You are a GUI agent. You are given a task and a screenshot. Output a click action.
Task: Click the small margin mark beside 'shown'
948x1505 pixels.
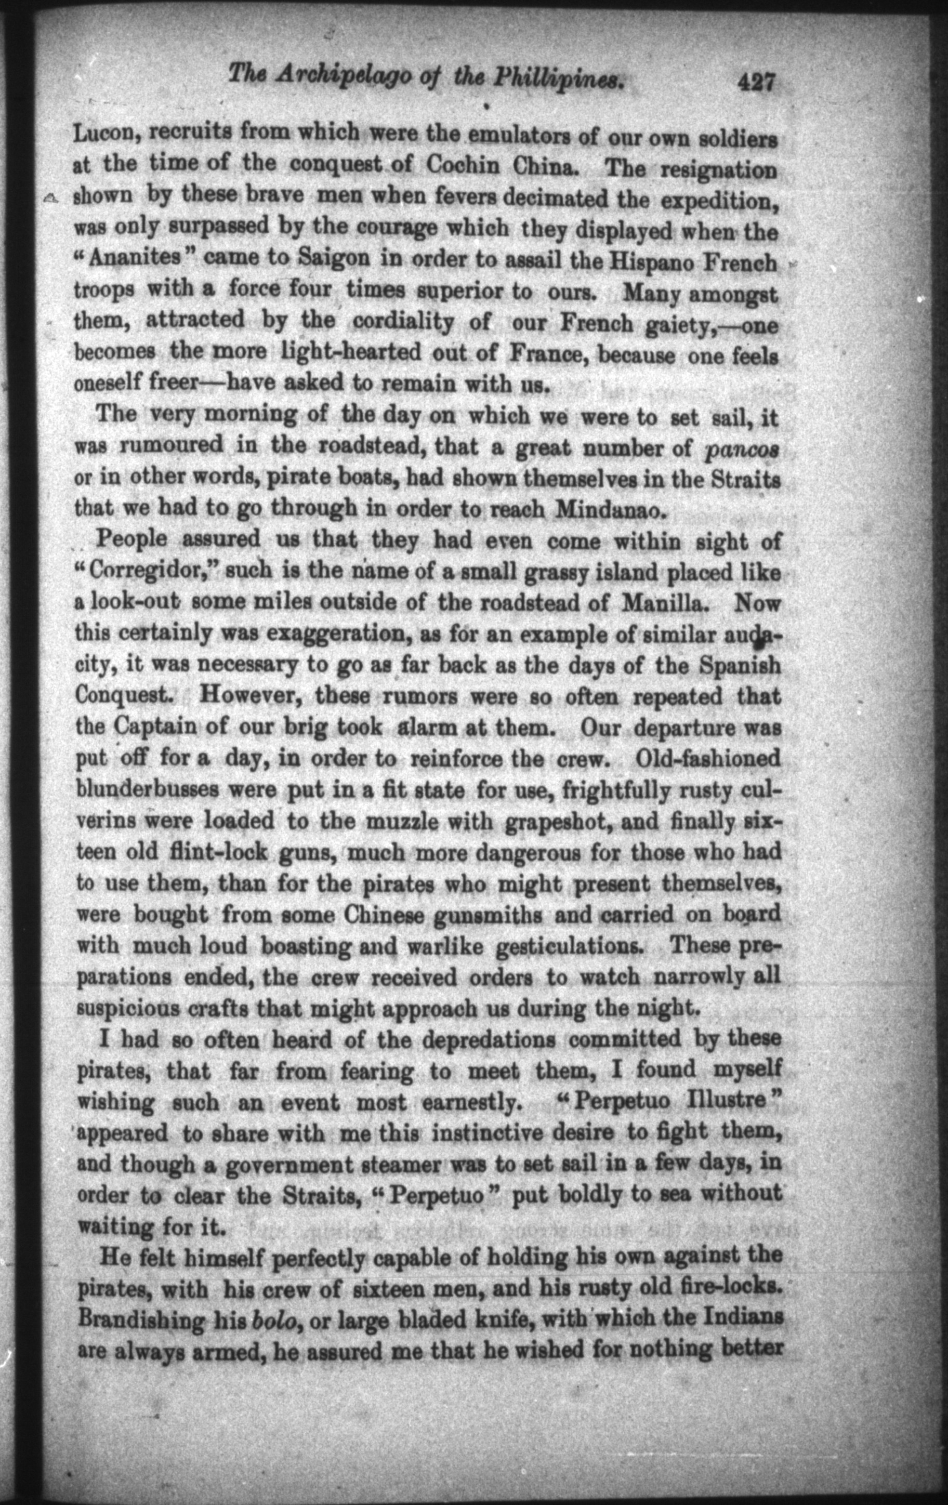[x=50, y=197]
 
